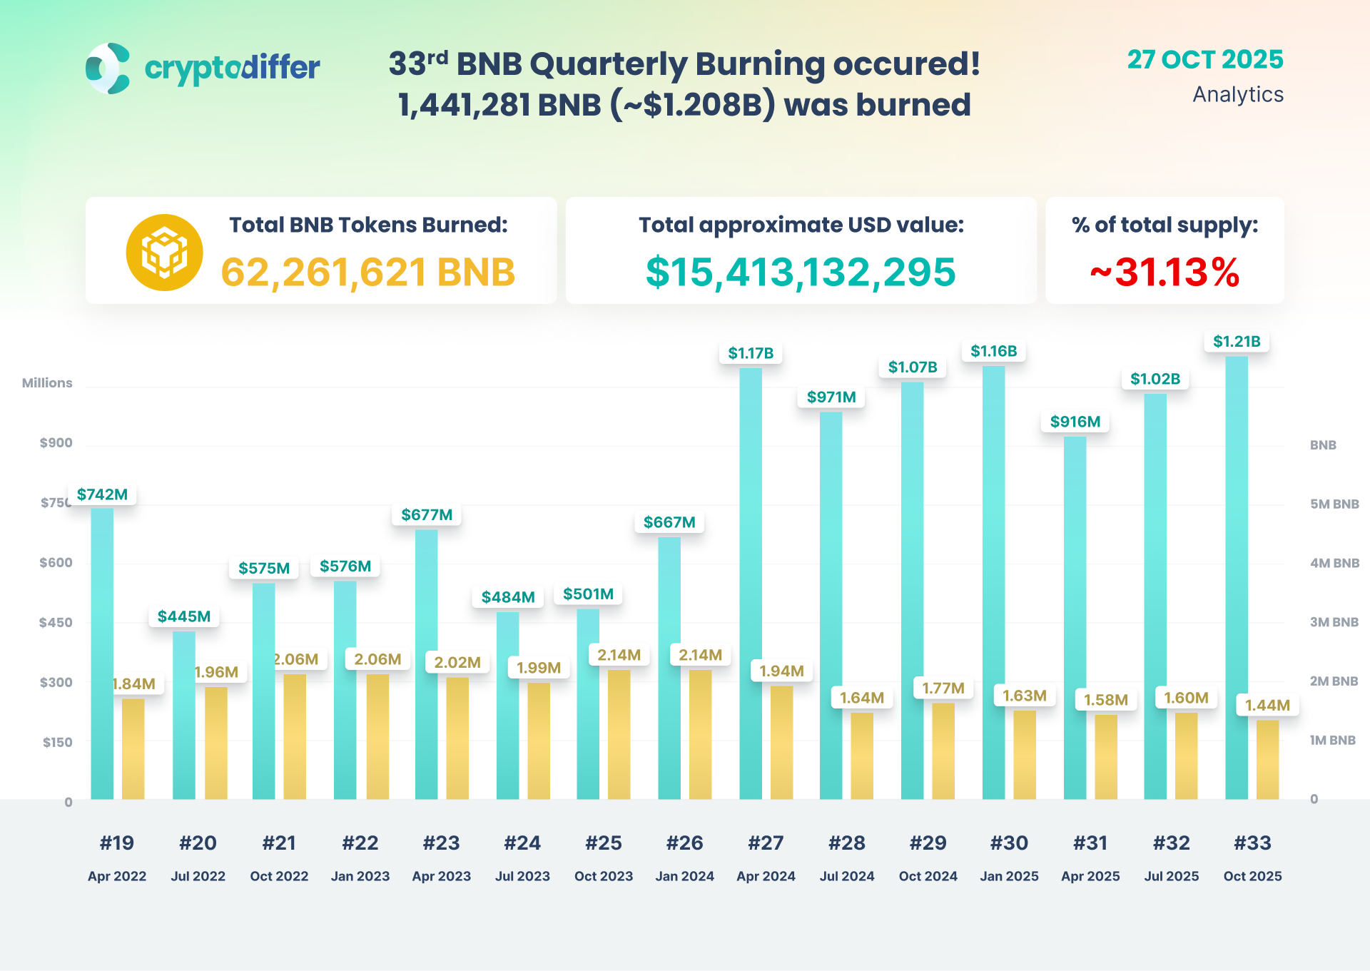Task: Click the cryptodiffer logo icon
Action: pyautogui.click(x=108, y=68)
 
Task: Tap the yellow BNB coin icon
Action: pyautogui.click(x=164, y=253)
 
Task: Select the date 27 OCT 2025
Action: pyautogui.click(x=1204, y=60)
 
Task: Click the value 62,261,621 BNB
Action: pyautogui.click(x=367, y=273)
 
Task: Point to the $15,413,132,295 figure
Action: pyautogui.click(x=801, y=273)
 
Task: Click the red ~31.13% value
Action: pyautogui.click(x=1164, y=273)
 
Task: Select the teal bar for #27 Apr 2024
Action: pyautogui.click(x=751, y=585)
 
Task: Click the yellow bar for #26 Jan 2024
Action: pyautogui.click(x=700, y=735)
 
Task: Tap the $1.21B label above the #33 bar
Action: pyautogui.click(x=1237, y=342)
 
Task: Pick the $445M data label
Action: pyautogui.click(x=184, y=616)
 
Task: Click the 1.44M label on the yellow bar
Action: pyautogui.click(x=1267, y=706)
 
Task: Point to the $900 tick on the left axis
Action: pyautogui.click(x=56, y=443)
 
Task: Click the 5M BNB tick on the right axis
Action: pyautogui.click(x=1334, y=504)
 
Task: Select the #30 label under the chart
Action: pyautogui.click(x=1009, y=843)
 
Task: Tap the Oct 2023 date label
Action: pyautogui.click(x=604, y=876)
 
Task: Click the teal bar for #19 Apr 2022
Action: pyautogui.click(x=102, y=653)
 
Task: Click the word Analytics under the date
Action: pyautogui.click(x=1238, y=95)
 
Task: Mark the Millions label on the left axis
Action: pyautogui.click(x=47, y=383)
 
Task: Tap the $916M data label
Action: pyautogui.click(x=1075, y=422)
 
